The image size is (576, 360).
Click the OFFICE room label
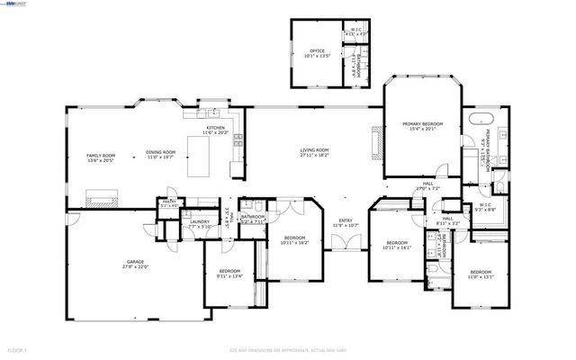point(317,51)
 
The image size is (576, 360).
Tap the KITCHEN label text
point(217,129)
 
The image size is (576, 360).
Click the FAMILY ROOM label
point(101,156)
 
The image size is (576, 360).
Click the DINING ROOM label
point(160,153)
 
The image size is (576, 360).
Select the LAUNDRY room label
point(201,222)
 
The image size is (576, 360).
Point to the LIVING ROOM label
point(314,150)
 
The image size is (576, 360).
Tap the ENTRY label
point(346,220)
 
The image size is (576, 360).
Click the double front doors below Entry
point(346,242)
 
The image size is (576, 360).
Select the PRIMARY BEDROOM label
point(422,124)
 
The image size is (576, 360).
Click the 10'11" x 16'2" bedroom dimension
point(294,242)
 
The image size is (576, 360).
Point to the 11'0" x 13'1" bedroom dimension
point(481,276)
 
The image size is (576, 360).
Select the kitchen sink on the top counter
point(212,114)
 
